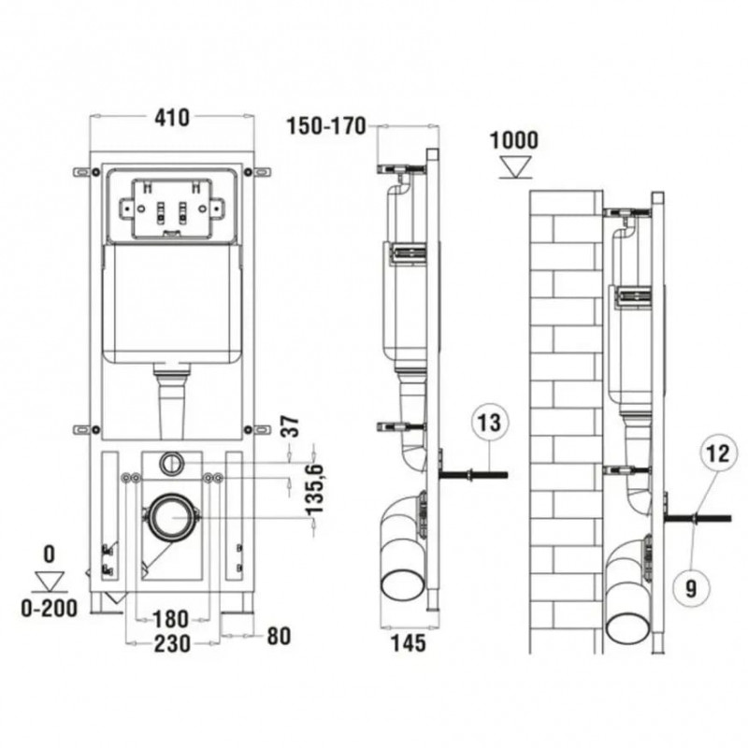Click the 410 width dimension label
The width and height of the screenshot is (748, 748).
click(x=172, y=118)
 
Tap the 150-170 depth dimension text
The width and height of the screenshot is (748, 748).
click(x=326, y=126)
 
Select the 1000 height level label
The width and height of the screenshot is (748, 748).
click(x=514, y=140)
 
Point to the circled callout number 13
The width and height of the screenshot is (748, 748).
click(x=490, y=423)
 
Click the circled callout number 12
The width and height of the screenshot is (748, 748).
click(x=718, y=453)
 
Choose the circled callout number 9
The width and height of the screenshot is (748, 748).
click(x=691, y=588)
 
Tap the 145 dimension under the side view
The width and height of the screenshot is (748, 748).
click(x=409, y=643)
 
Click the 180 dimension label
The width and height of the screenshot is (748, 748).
click(x=171, y=619)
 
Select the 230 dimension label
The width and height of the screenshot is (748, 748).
click(x=172, y=643)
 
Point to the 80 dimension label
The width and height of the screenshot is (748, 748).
click(x=279, y=636)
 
